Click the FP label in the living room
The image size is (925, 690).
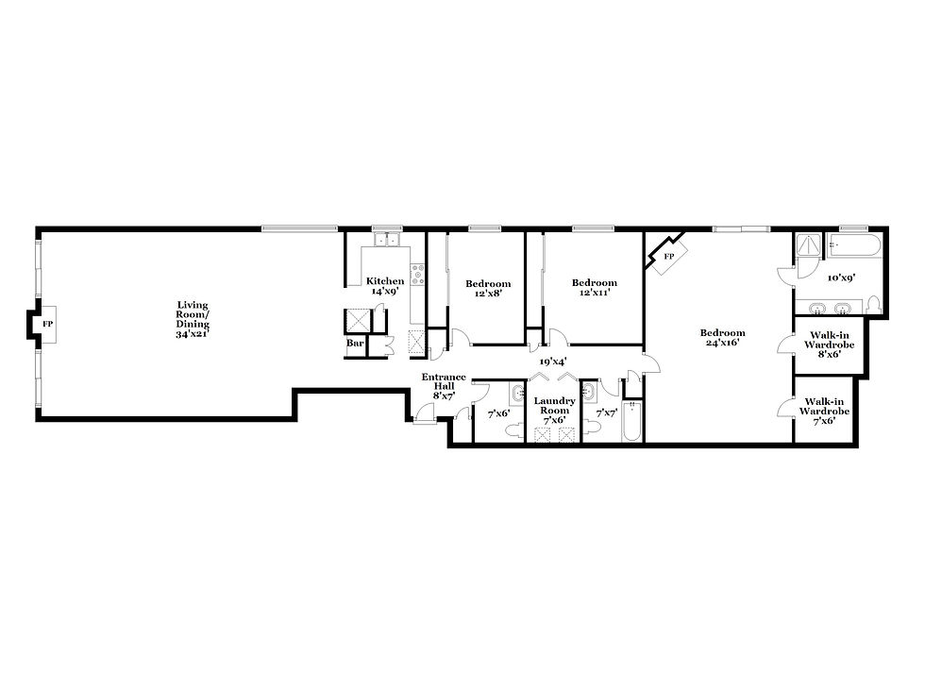[48, 325]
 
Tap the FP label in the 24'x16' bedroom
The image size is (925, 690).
[669, 257]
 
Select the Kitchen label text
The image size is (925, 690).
[385, 281]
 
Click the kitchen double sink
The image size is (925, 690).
[386, 240]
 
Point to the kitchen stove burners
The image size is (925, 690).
[417, 275]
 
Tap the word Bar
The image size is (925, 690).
[355, 343]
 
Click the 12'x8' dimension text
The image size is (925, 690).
[488, 294]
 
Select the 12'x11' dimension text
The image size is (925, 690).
[594, 292]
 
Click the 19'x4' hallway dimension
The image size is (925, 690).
[553, 362]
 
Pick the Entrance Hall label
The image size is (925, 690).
[444, 381]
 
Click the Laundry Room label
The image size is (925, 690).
[555, 406]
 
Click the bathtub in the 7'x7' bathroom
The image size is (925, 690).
[631, 421]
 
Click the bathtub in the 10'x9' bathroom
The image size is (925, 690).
[853, 245]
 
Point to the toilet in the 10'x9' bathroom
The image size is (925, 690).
[874, 304]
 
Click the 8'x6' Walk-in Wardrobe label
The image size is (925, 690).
[830, 345]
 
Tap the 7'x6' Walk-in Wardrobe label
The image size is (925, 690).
[825, 412]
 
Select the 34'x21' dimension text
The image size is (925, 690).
[193, 334]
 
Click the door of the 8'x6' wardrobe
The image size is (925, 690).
[785, 344]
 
